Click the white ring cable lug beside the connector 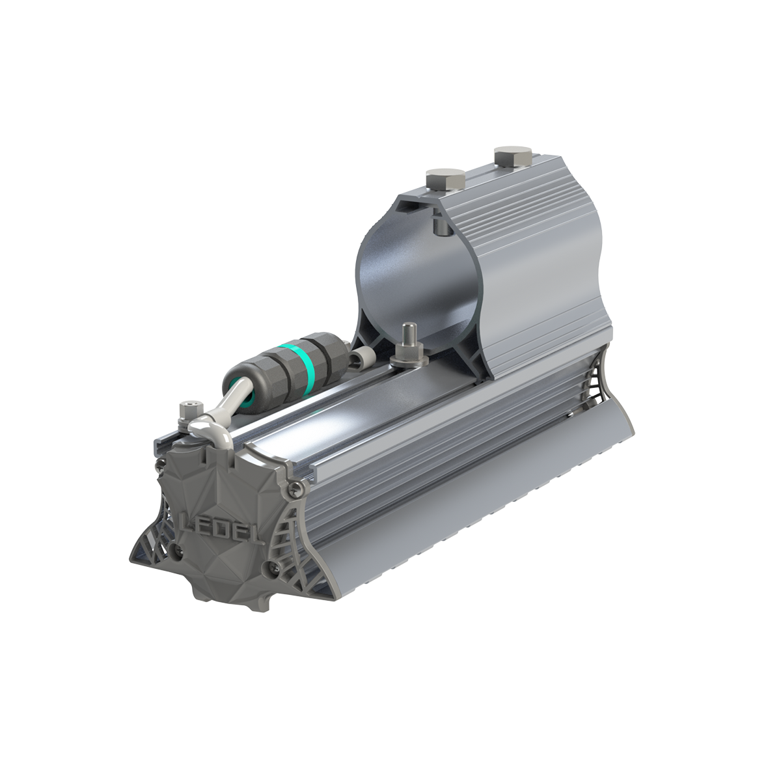coord(363,356)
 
